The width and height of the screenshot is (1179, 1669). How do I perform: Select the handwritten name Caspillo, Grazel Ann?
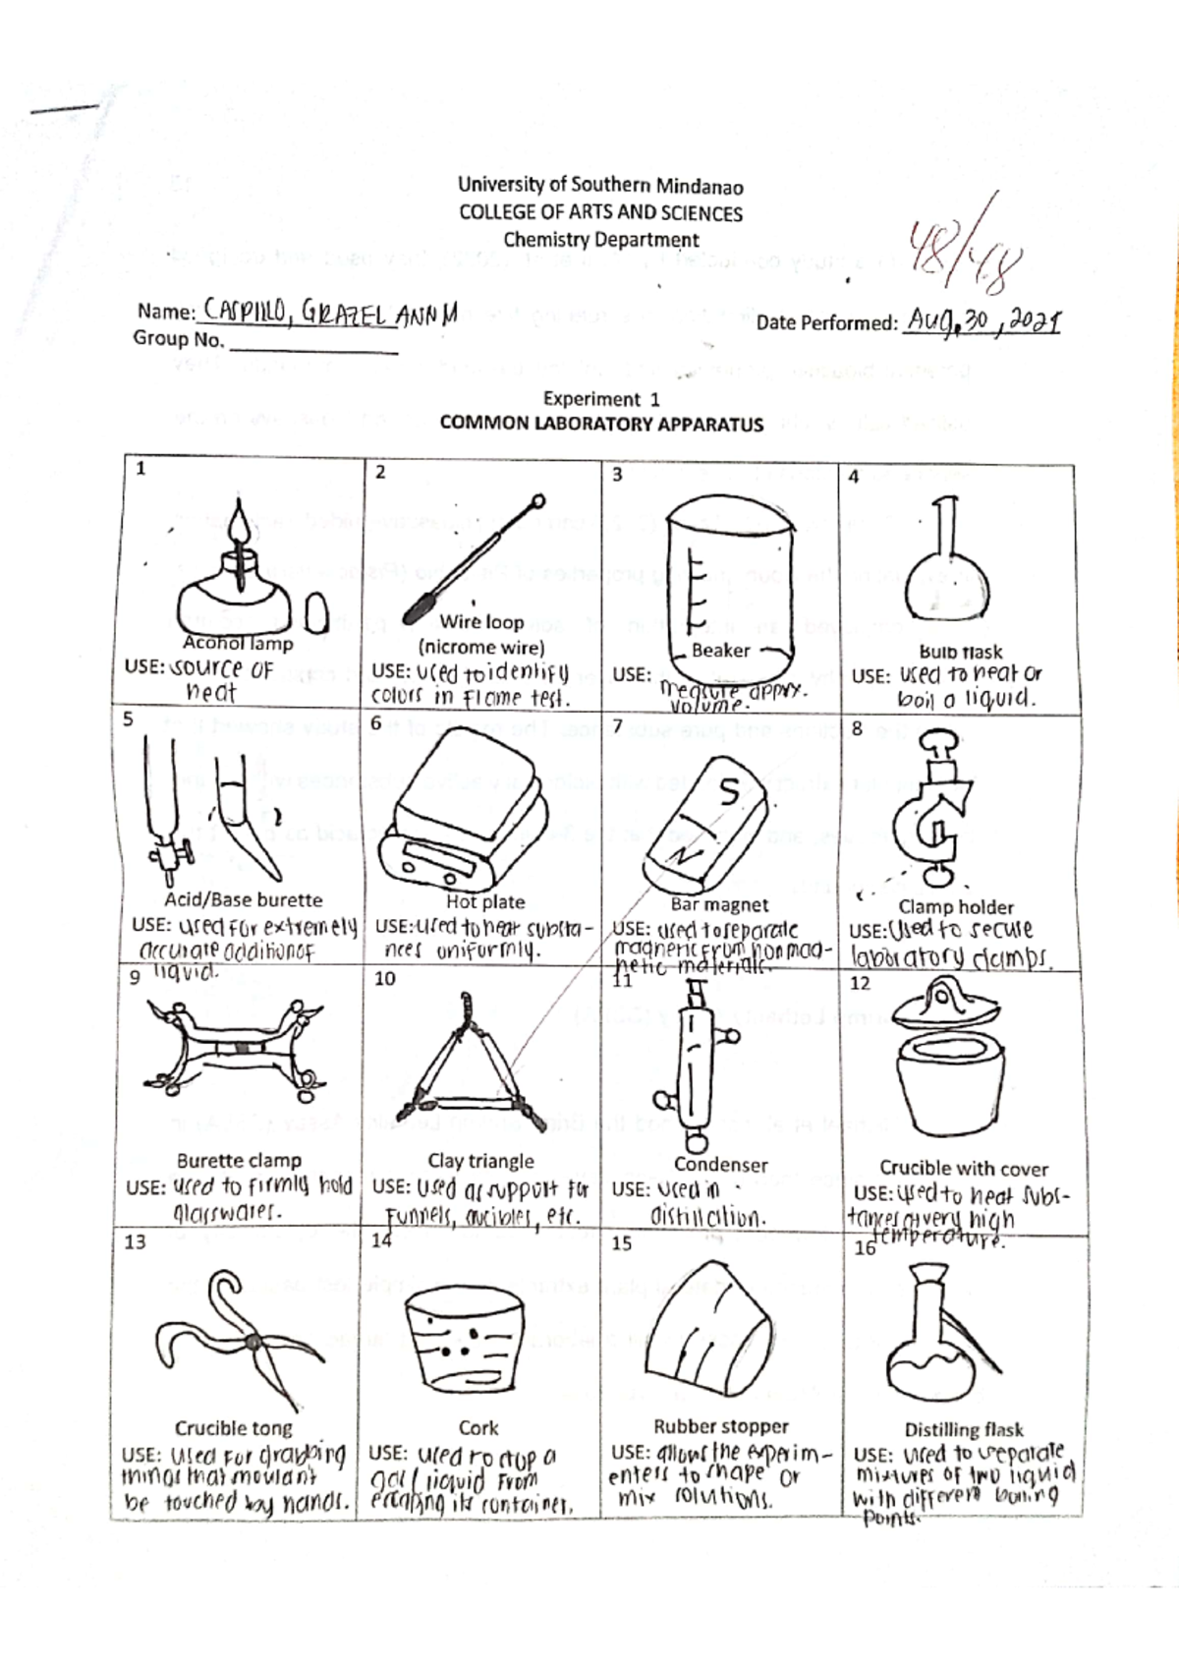tap(327, 313)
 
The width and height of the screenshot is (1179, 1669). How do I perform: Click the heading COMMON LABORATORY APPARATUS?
tap(601, 424)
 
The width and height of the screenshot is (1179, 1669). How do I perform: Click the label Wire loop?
tap(481, 621)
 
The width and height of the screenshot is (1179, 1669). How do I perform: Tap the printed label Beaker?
tap(720, 650)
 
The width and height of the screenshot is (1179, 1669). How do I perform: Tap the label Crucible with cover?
tap(963, 1168)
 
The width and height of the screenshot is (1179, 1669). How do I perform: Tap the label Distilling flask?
tap(963, 1429)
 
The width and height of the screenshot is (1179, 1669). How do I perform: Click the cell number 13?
tap(135, 1241)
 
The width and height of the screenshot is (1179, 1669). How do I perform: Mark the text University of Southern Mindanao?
tap(600, 186)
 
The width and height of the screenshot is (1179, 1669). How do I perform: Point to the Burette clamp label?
tap(239, 1160)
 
